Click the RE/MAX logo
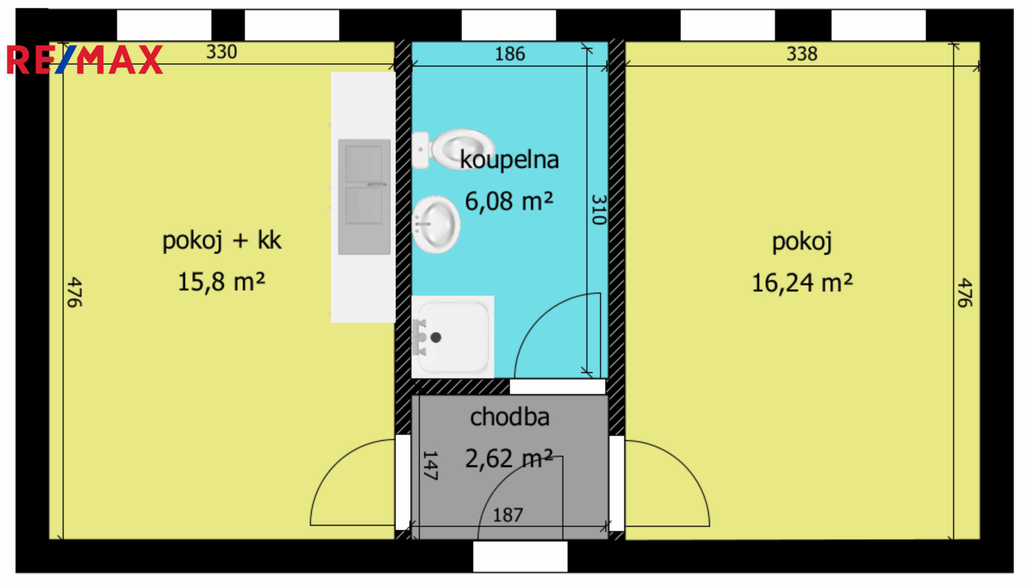tap(85, 59)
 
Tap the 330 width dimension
tap(221, 52)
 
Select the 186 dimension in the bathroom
tap(510, 54)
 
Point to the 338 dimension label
tap(802, 54)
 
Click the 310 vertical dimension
tap(599, 209)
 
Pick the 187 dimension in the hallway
tap(508, 515)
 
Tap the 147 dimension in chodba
tap(430, 465)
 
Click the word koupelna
tap(510, 160)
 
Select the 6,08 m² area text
tap(509, 202)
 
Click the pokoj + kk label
tap(222, 241)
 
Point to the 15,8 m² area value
tap(221, 282)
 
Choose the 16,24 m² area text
tap(802, 282)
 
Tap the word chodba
tap(510, 417)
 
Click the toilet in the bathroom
tap(453, 149)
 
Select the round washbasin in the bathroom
tap(436, 224)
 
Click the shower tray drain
tap(436, 338)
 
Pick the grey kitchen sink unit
tap(364, 196)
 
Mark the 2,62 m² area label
tap(509, 458)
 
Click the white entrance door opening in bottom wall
tap(521, 556)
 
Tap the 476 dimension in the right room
tap(964, 293)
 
